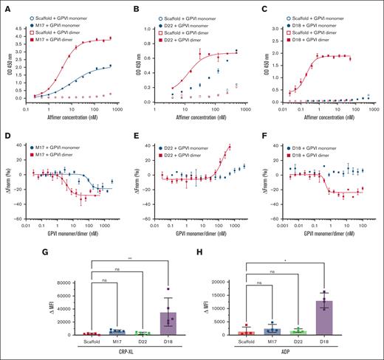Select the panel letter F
[x=261, y=128]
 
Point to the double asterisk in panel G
[x=168, y=259]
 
